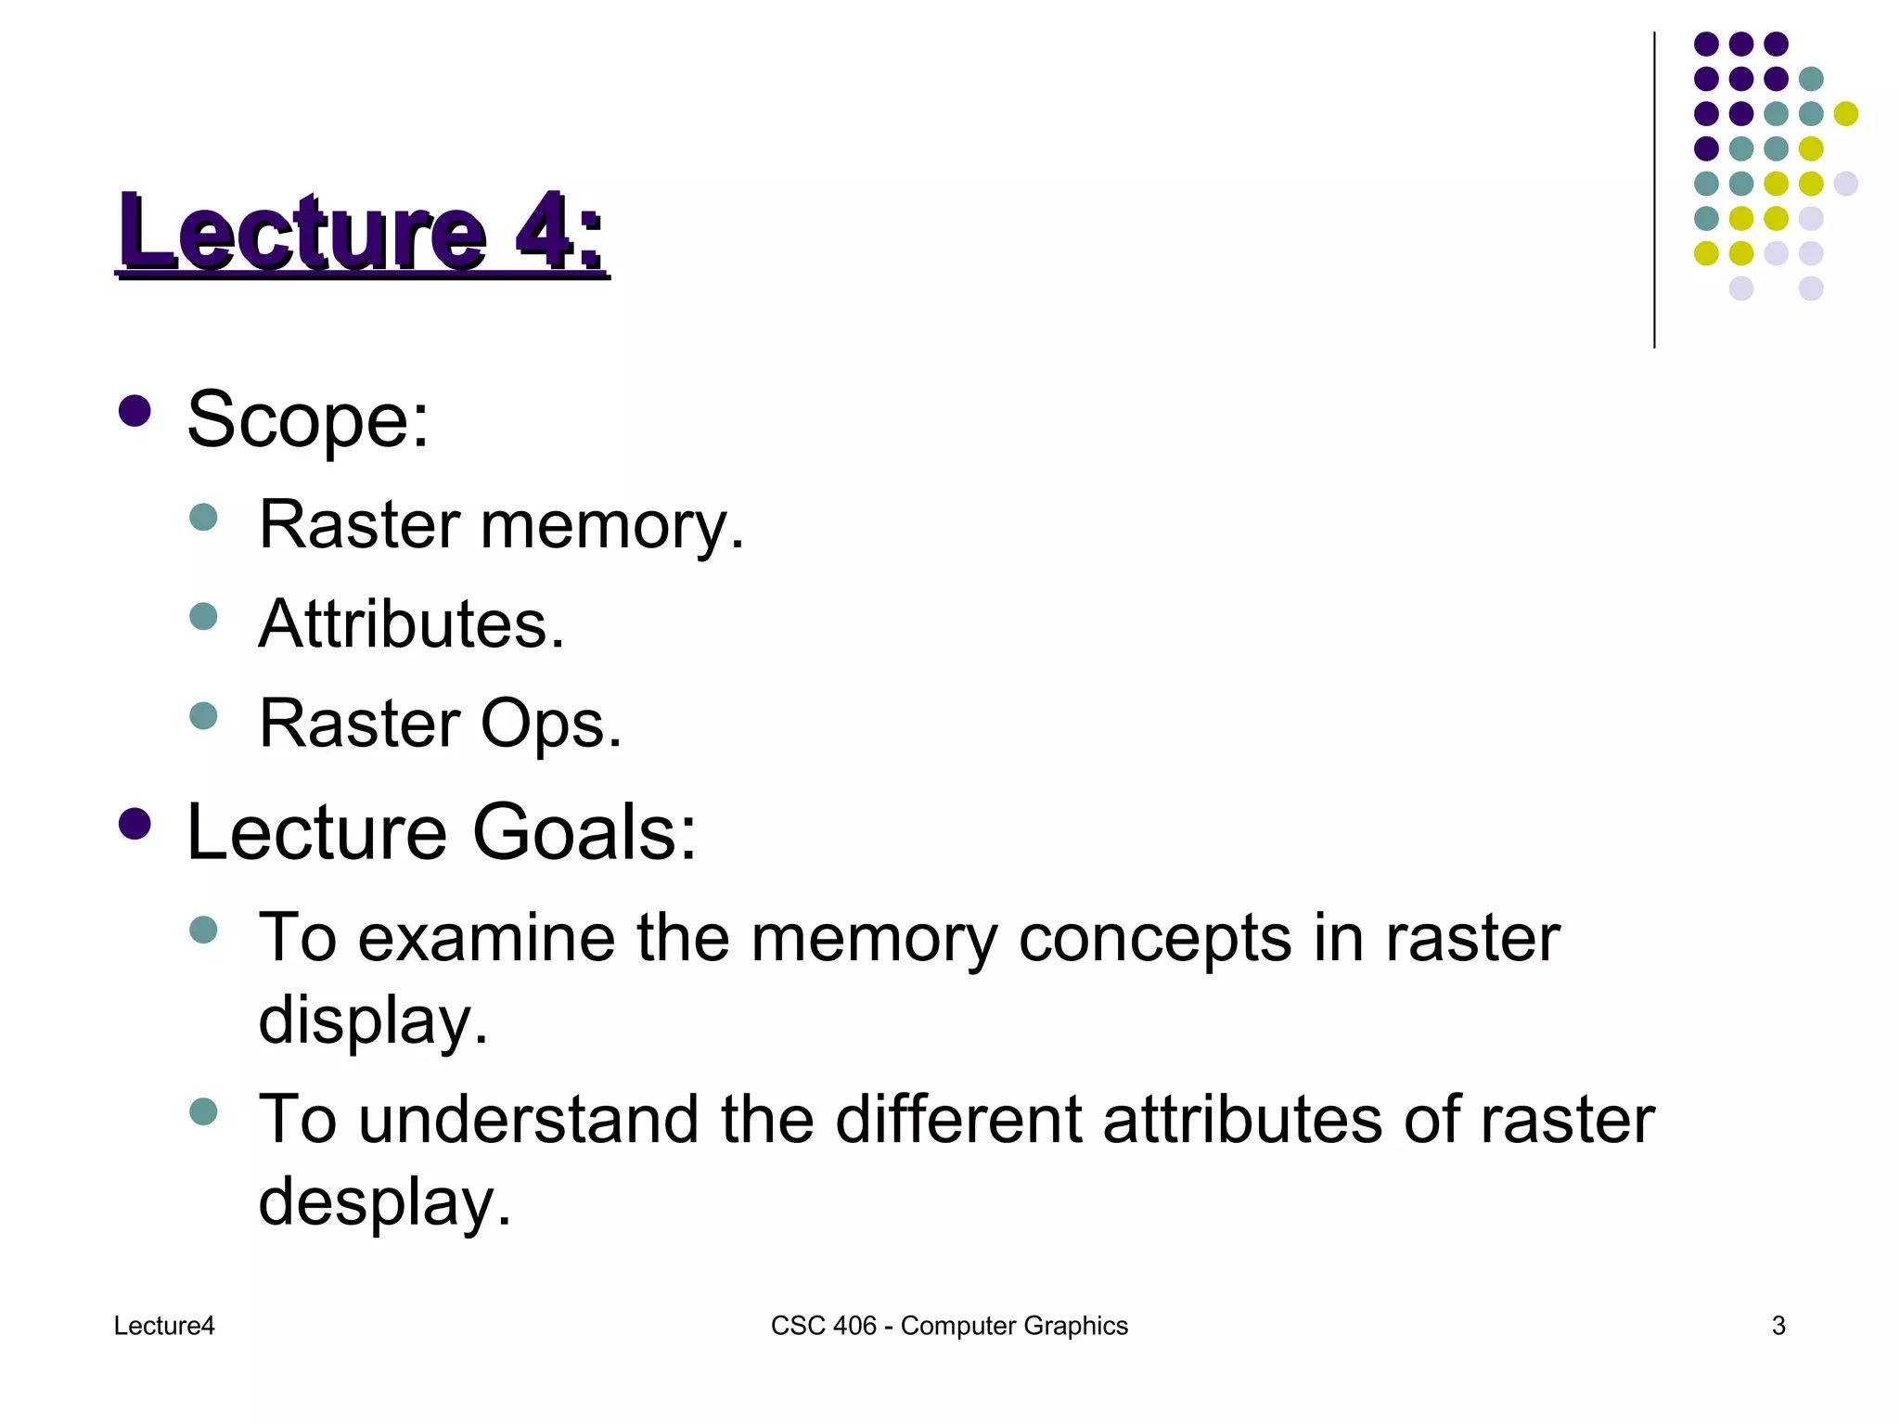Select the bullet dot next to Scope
(x=135, y=411)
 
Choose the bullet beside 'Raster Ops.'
(x=203, y=715)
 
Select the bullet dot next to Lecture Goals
(x=135, y=823)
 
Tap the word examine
(x=486, y=938)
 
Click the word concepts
(x=1154, y=938)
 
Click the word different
(x=958, y=1119)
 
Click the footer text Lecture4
(x=164, y=1326)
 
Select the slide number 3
(x=1778, y=1326)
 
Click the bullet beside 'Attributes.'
(x=203, y=616)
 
